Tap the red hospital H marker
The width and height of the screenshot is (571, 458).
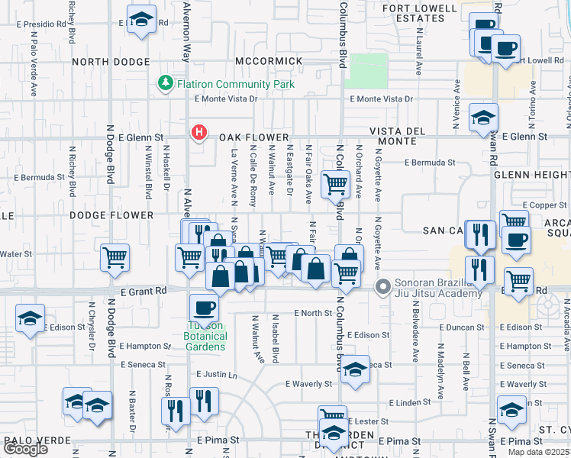(x=199, y=132)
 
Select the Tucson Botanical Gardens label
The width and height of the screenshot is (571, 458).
(x=205, y=336)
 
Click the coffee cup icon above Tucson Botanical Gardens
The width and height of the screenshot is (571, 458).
(x=205, y=307)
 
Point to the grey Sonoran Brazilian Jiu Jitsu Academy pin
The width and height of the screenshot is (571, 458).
(x=383, y=287)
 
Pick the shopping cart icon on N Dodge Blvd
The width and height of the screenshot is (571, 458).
(x=115, y=258)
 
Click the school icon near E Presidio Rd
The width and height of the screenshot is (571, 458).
(x=141, y=21)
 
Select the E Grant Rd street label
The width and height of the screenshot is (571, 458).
(x=144, y=291)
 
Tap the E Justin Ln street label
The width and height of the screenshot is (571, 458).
(x=217, y=375)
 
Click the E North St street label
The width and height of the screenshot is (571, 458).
(x=308, y=313)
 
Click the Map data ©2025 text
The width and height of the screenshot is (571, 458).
(x=538, y=452)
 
